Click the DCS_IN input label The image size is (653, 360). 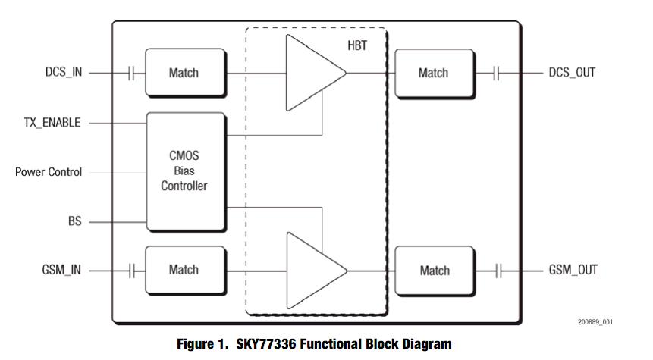[x=63, y=73]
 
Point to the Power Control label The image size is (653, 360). [x=49, y=172]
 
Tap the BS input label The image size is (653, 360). [x=74, y=221]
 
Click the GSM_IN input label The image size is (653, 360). [x=62, y=270]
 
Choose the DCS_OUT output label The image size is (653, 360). [x=572, y=73]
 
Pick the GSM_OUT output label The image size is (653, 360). [x=573, y=270]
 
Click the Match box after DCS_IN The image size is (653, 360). [x=185, y=73]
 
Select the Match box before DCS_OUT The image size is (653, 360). [x=434, y=73]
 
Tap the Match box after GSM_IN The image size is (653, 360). [x=185, y=270]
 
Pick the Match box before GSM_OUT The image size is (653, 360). [x=434, y=270]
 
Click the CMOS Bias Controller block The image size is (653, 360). [x=185, y=171]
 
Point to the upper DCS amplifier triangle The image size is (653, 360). [x=310, y=73]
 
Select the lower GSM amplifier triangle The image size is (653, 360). [x=310, y=270]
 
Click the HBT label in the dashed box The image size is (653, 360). [x=357, y=46]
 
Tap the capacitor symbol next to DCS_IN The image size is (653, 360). [x=131, y=73]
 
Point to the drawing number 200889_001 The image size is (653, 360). [x=595, y=322]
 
